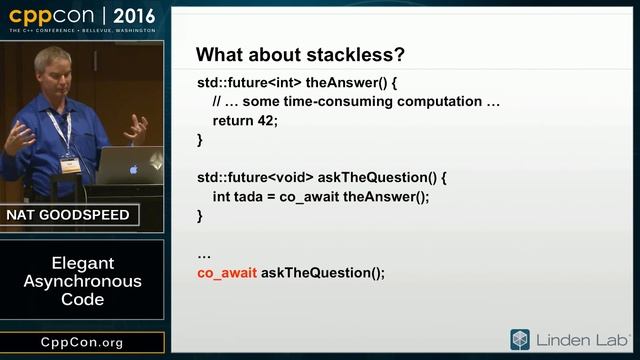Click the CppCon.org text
coord(82,343)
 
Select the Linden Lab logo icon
coord(520,339)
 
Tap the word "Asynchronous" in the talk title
coord(82,281)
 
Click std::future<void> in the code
coord(246,177)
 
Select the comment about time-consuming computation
coord(356,101)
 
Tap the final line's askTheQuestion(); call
coord(323,272)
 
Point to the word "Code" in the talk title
coord(82,299)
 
